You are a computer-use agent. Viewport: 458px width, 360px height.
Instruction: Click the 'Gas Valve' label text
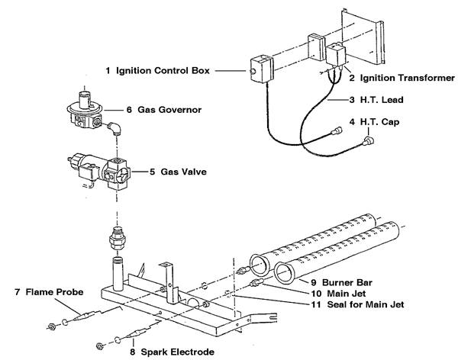click(182, 172)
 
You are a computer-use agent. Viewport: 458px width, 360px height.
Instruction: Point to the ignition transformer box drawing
click(336, 56)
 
